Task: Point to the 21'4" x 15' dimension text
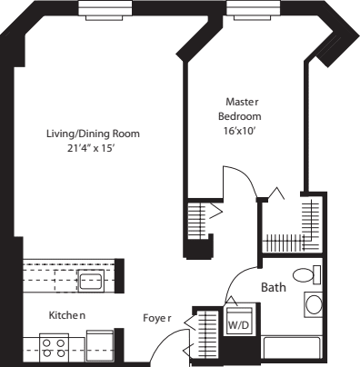point(94,148)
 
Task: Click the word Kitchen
point(67,314)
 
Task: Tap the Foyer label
point(158,318)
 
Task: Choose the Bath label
point(274,287)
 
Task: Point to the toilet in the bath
point(305,274)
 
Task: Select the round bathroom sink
point(314,304)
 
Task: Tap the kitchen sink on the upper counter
point(90,280)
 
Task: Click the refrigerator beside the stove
point(98,343)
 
